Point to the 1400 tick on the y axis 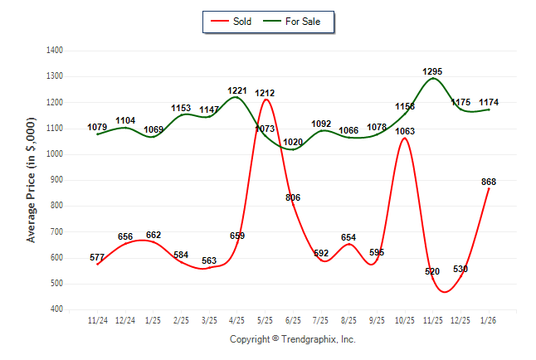point(55,51)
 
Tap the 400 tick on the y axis point(57,309)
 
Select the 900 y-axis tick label point(57,180)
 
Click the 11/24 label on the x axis point(97,319)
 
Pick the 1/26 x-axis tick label point(489,319)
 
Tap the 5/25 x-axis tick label point(265,319)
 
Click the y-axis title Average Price point(32,180)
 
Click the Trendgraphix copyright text point(292,339)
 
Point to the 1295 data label point(432,72)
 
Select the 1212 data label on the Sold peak point(266,92)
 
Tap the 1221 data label point(237,90)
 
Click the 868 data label point(489,182)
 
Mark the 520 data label point(432,271)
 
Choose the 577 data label point(97,257)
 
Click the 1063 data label point(405,131)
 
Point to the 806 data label point(293,197)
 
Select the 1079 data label point(98,127)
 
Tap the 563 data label point(209,260)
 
